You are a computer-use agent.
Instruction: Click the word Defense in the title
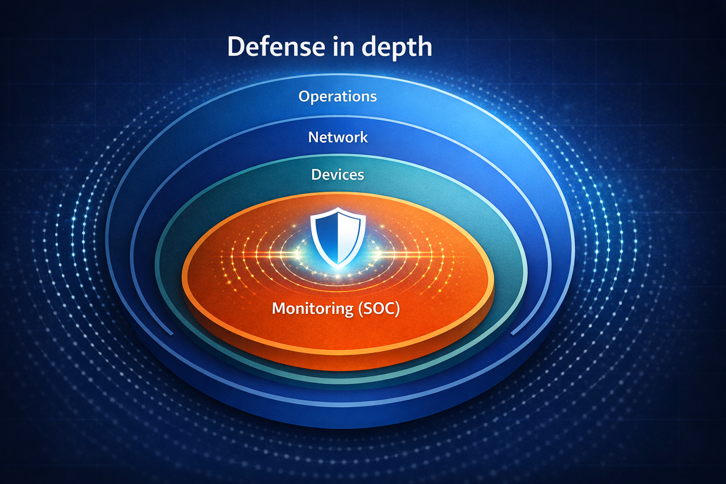(276, 46)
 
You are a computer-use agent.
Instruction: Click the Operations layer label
(337, 96)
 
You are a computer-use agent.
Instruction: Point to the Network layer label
(338, 137)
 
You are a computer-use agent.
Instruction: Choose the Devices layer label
(337, 175)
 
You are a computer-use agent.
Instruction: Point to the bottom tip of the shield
(338, 268)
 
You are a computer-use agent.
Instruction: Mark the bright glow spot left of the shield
(297, 255)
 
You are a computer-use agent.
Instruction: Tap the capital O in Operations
(304, 96)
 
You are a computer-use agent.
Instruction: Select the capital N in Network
(313, 137)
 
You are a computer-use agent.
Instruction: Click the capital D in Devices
(316, 175)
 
